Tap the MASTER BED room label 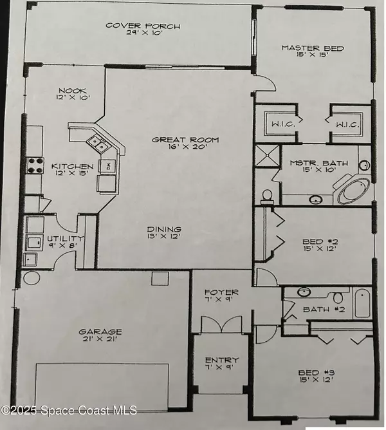point(313,48)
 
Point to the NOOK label point(72,91)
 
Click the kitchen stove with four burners point(34,165)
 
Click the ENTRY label point(221,360)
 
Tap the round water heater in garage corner point(30,278)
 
